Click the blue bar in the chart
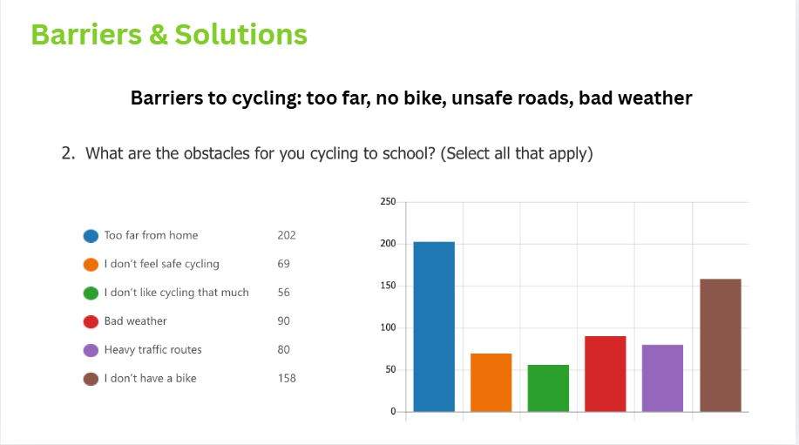[x=434, y=327]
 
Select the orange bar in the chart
[x=491, y=382]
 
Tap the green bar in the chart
[x=548, y=388]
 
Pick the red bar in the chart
[x=606, y=374]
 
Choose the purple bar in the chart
[x=662, y=378]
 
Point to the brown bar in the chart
[x=721, y=345]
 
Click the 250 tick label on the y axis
[x=388, y=202]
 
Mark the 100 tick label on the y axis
[x=388, y=327]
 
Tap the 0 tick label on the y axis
[x=393, y=411]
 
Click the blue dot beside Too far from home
[x=91, y=236]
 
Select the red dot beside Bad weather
[x=91, y=322]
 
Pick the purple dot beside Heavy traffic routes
[x=91, y=350]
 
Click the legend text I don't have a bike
[x=151, y=378]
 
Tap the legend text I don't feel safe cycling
[x=161, y=264]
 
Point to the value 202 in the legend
[x=287, y=235]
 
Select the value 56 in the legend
[x=284, y=293]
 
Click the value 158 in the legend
[x=287, y=378]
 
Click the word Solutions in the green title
[x=241, y=35]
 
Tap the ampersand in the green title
[x=159, y=35]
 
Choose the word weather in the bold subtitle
[x=654, y=98]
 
